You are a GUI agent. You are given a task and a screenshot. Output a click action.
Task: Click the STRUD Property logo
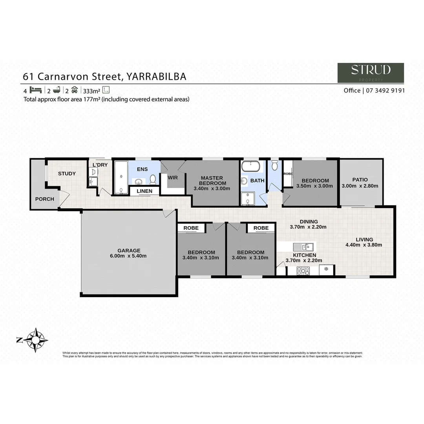[371, 73]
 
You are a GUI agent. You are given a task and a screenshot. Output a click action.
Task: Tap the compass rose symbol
[36, 340]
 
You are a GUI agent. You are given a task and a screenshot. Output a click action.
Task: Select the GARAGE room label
[129, 250]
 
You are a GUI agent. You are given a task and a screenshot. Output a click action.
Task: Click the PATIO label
[360, 180]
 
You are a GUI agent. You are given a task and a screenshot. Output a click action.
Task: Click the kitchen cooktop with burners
[303, 270]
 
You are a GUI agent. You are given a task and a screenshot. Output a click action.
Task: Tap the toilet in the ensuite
[153, 179]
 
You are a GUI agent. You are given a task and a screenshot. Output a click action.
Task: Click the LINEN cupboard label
[144, 191]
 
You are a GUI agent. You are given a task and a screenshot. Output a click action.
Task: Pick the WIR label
[173, 177]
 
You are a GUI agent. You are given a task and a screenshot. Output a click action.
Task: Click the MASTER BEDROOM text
[212, 181]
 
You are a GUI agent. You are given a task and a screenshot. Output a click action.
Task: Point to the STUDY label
[67, 174]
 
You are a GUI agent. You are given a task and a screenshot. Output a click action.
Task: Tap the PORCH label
[45, 199]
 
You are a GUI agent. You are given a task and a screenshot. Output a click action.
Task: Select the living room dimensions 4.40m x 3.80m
[364, 245]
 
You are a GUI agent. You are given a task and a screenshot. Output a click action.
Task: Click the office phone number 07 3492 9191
[384, 90]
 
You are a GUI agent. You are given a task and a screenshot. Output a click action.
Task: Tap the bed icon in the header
[35, 90]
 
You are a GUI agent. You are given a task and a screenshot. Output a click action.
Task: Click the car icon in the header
[75, 90]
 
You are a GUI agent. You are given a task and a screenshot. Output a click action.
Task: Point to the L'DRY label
[100, 165]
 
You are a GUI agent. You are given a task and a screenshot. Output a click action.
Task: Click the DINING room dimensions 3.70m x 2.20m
[309, 227]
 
